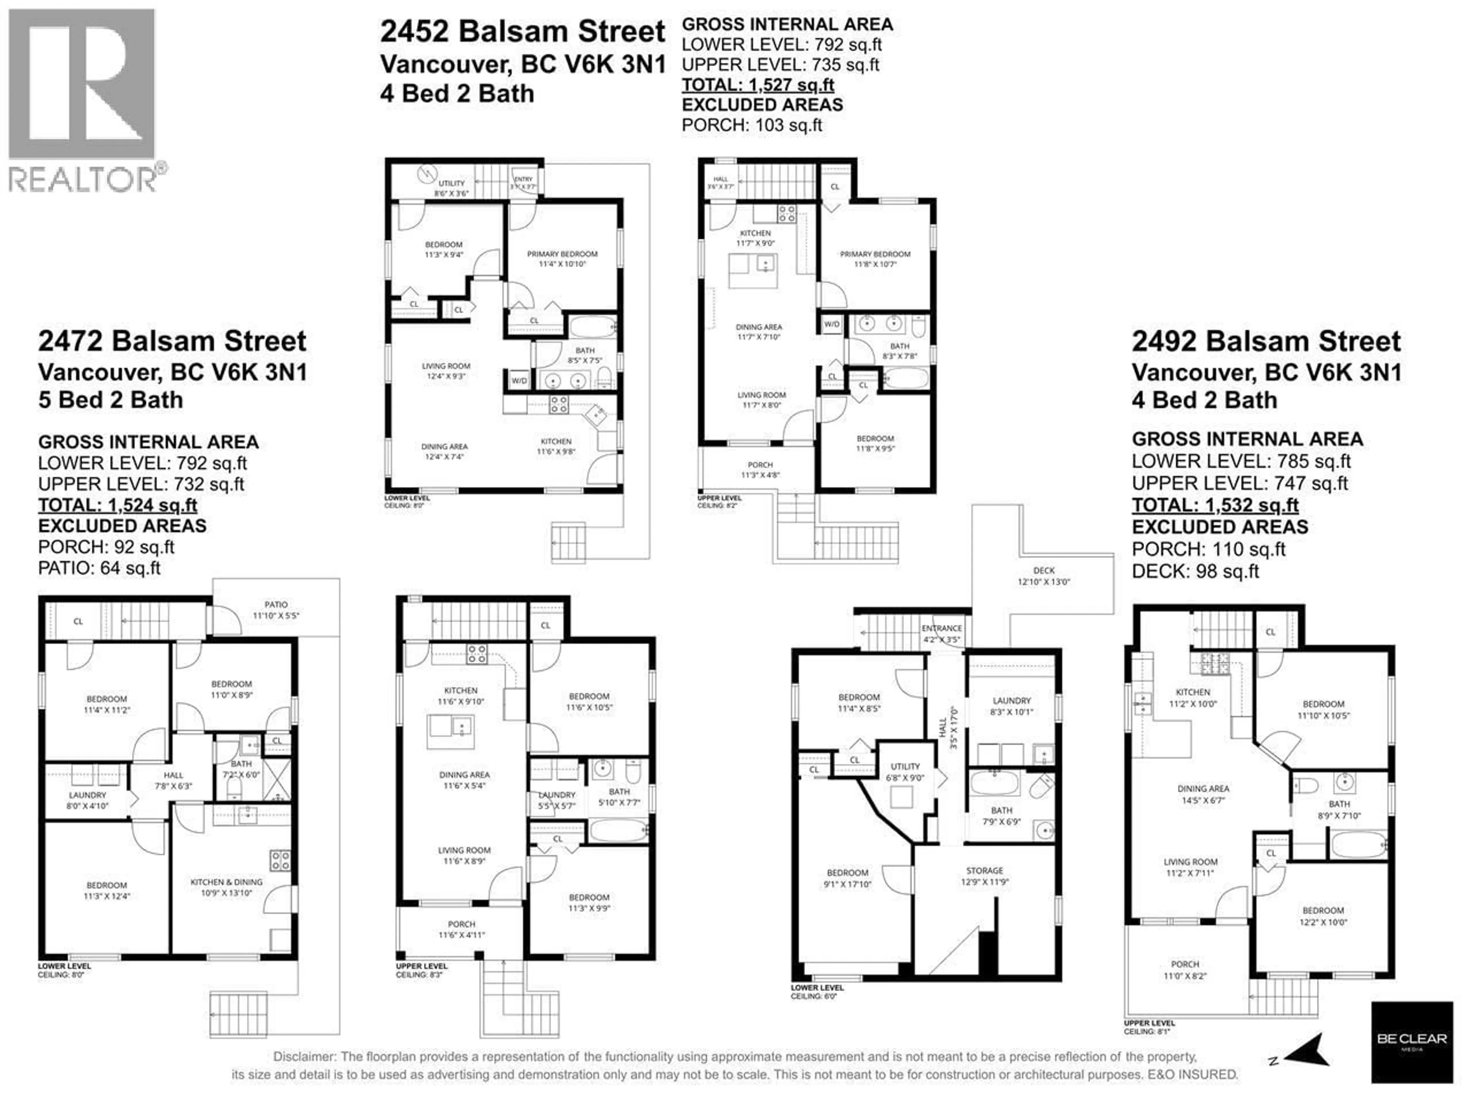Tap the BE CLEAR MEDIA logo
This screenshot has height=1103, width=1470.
[1411, 1042]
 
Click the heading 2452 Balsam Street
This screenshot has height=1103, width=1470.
[522, 32]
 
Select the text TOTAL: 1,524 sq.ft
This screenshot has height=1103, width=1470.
[118, 505]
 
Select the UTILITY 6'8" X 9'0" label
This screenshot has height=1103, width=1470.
[905, 772]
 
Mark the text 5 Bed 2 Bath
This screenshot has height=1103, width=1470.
[110, 400]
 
